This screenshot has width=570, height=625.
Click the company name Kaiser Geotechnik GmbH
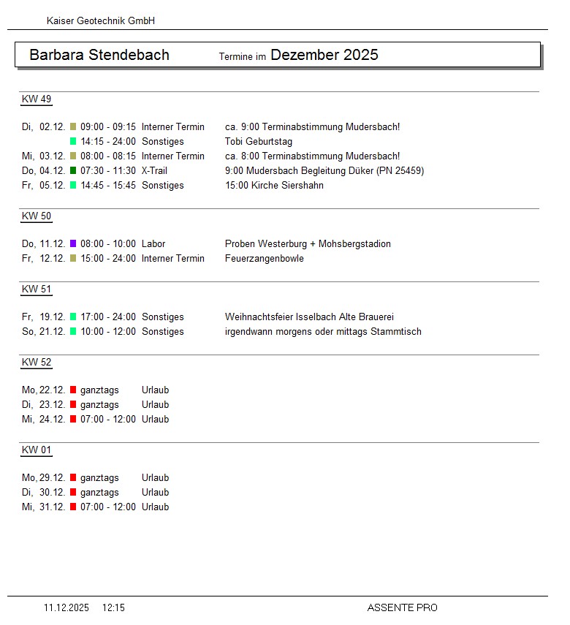101,21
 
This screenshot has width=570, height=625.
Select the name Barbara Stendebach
99,55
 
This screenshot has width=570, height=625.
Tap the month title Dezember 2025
324,55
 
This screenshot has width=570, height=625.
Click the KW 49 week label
37,99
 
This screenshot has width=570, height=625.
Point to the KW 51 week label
37,289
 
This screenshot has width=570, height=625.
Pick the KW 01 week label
37,450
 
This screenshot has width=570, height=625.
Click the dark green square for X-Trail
73,171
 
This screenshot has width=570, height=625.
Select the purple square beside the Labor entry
73,244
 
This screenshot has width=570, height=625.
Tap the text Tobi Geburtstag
259,142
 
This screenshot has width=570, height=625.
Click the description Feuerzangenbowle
265,259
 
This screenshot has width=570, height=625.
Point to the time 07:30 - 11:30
108,171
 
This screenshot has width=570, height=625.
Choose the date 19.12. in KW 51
53,317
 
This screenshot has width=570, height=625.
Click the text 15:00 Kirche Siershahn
275,186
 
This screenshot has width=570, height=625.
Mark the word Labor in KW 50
153,244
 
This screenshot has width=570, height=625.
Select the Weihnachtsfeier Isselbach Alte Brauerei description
310,317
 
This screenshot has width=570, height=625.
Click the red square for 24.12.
73,420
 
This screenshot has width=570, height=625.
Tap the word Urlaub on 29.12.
155,478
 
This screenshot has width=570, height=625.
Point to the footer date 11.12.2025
66,607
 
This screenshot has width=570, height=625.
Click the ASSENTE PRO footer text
403,607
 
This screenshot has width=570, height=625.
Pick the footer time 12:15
113,607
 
